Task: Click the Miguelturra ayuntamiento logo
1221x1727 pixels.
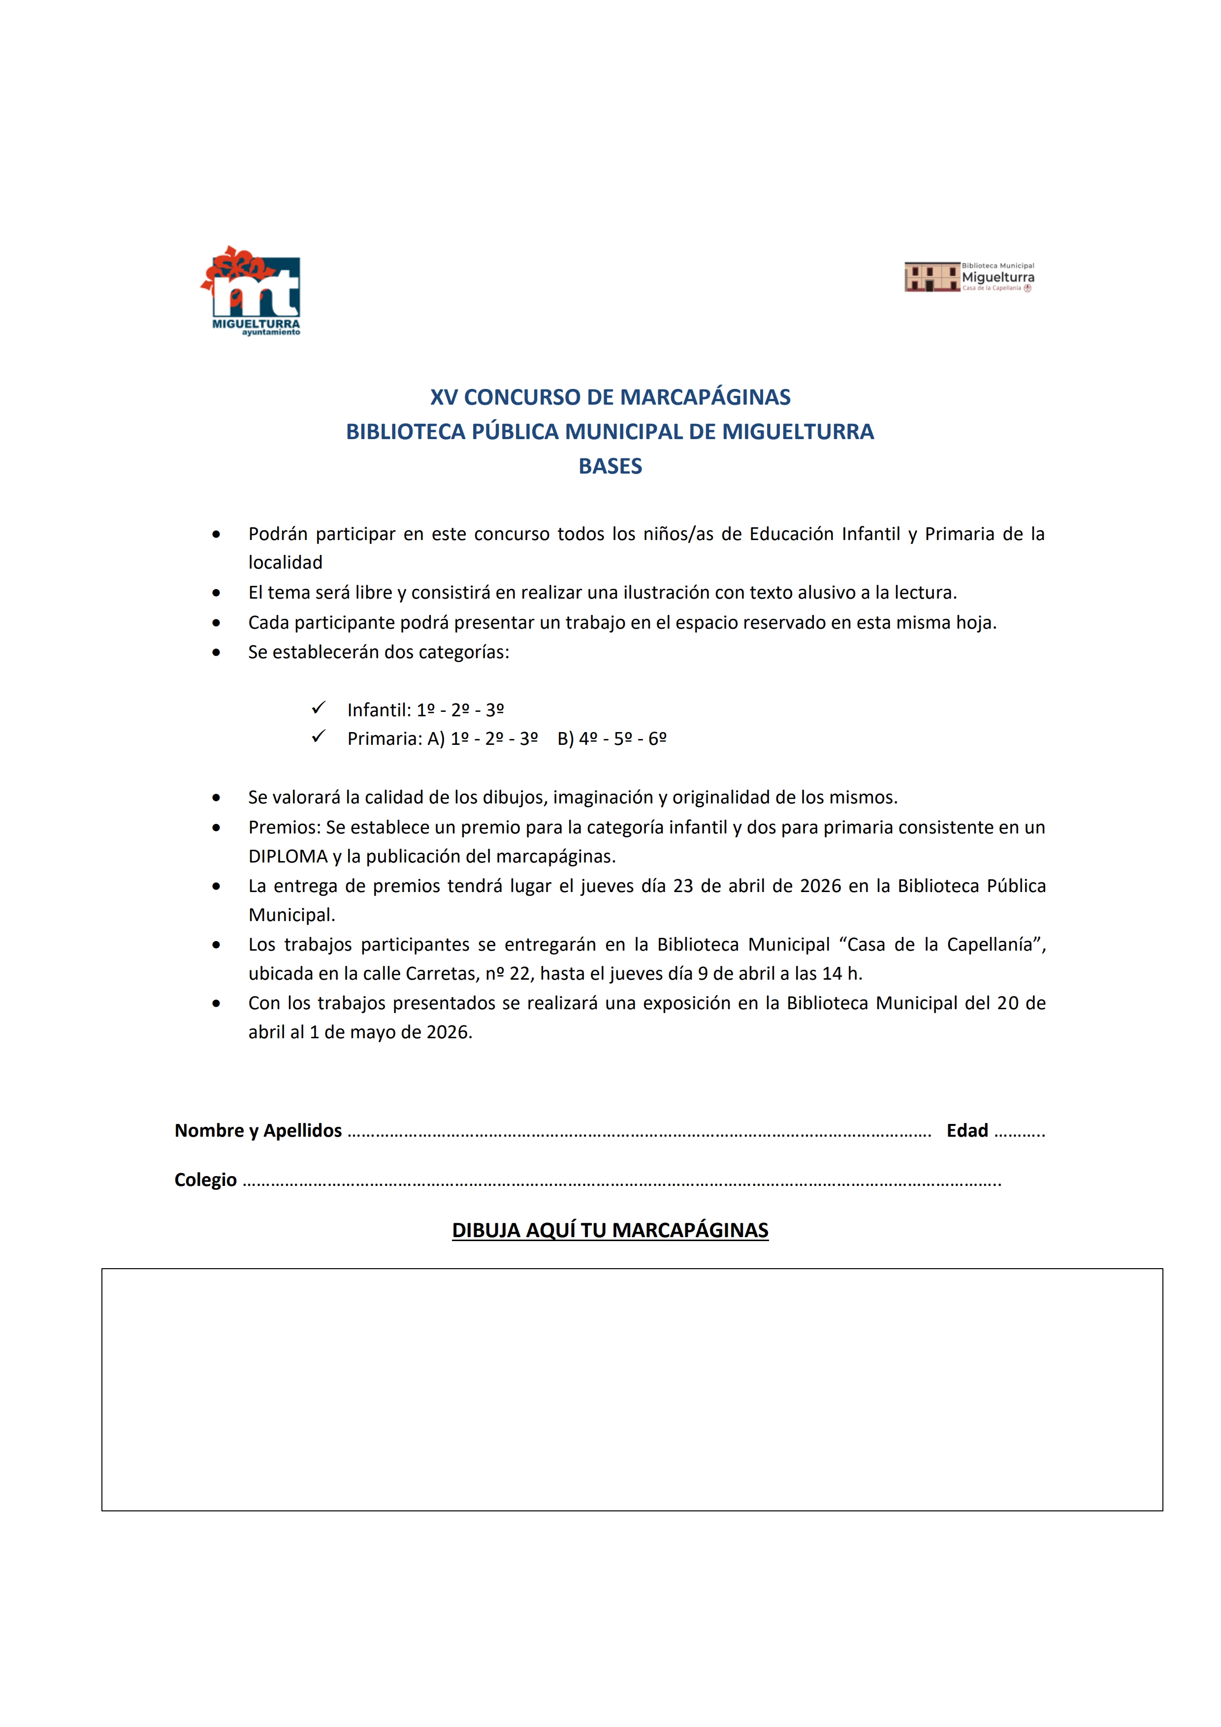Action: point(251,290)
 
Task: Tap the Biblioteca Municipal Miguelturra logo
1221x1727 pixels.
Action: point(969,277)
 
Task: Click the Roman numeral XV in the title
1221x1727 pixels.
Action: point(443,397)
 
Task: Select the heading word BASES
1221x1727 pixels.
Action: point(610,466)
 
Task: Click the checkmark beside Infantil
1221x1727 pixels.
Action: point(318,708)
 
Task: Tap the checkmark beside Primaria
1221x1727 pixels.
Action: point(318,736)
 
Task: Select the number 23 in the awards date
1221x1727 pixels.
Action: point(683,886)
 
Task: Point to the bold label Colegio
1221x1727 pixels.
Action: point(205,1180)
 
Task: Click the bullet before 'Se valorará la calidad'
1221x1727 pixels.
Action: point(217,798)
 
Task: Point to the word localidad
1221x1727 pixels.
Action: point(285,563)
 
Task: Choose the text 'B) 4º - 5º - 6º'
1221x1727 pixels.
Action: point(611,738)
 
